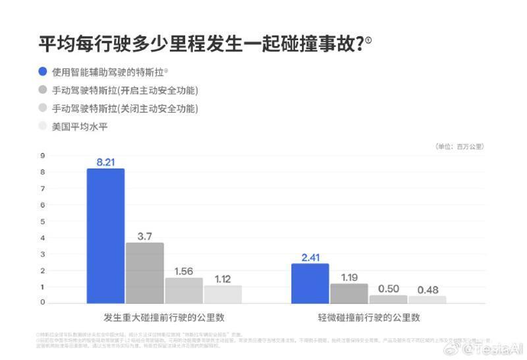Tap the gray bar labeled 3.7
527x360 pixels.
click(x=145, y=273)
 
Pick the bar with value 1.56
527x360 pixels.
click(x=184, y=290)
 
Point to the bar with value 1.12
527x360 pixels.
click(x=223, y=294)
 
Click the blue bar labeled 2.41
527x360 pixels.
click(x=310, y=284)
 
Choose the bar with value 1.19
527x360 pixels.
click(x=349, y=293)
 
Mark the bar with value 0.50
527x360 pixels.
click(x=388, y=299)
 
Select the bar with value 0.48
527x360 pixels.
click(x=427, y=299)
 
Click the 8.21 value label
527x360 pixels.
click(x=105, y=160)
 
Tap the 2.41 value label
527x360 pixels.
click(x=310, y=256)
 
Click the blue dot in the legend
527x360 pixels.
click(x=43, y=71)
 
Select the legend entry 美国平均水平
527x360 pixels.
click(x=80, y=126)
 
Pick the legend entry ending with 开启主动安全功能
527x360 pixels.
click(x=125, y=90)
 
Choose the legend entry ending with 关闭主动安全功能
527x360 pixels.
click(x=125, y=108)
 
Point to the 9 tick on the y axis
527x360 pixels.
click(x=42, y=156)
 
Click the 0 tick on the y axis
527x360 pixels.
click(x=42, y=303)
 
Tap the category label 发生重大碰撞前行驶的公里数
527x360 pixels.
click(x=164, y=317)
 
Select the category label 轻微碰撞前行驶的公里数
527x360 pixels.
click(x=368, y=317)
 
